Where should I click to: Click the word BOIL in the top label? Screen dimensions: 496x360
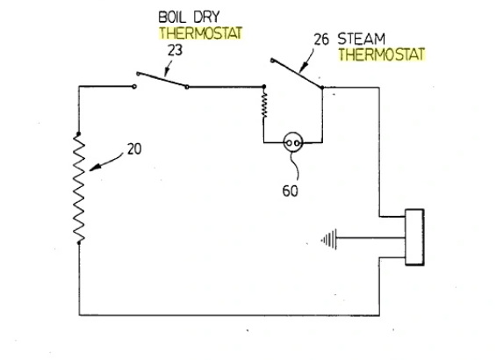[172, 18]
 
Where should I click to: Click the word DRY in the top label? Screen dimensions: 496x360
[212, 18]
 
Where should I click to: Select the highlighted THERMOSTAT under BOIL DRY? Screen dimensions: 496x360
[200, 33]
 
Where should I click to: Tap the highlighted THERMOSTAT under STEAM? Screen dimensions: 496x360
[382, 54]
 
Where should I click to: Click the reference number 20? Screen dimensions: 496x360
[134, 148]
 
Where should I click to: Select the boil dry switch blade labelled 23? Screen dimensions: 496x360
[161, 79]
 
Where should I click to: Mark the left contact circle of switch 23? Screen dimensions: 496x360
[134, 87]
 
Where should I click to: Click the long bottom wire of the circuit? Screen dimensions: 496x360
[228, 313]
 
